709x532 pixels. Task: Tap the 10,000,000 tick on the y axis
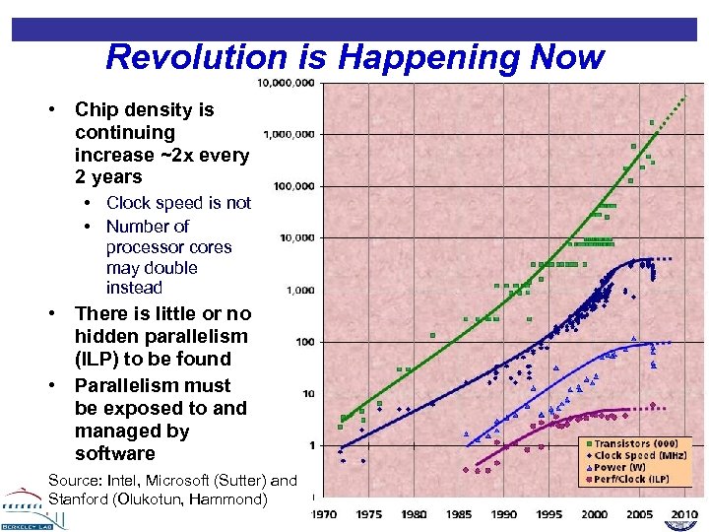286,83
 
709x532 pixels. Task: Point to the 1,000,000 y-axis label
290,133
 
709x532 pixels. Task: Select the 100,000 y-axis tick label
293,185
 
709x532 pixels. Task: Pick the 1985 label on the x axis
459,514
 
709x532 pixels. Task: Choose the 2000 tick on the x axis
594,514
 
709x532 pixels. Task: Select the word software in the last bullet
115,454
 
